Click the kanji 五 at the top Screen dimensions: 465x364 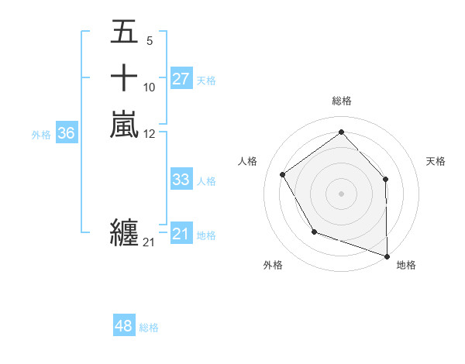pyautogui.click(x=124, y=33)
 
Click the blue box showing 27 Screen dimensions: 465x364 pyautogui.click(x=181, y=79)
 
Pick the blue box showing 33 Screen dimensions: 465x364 pyautogui.click(x=181, y=180)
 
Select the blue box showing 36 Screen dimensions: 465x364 pyautogui.click(x=67, y=133)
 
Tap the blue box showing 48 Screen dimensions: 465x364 pyautogui.click(x=124, y=326)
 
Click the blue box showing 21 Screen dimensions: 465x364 pyautogui.click(x=181, y=234)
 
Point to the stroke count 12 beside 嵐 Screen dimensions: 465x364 pyautogui.click(x=150, y=133)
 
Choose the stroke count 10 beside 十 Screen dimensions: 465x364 pyautogui.click(x=150, y=87)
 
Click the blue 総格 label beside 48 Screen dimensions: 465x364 pyautogui.click(x=149, y=328)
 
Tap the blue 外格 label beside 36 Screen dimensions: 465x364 pyautogui.click(x=41, y=135)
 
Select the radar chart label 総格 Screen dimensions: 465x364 pyautogui.click(x=341, y=101)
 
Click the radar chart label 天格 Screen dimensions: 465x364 pyautogui.click(x=436, y=161)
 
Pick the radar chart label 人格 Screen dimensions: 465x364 pyautogui.click(x=247, y=161)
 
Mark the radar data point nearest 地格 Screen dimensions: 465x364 pyautogui.click(x=387, y=255)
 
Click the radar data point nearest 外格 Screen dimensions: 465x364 pyautogui.click(x=314, y=232)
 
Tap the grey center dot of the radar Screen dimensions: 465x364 pyautogui.click(x=341, y=193)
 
